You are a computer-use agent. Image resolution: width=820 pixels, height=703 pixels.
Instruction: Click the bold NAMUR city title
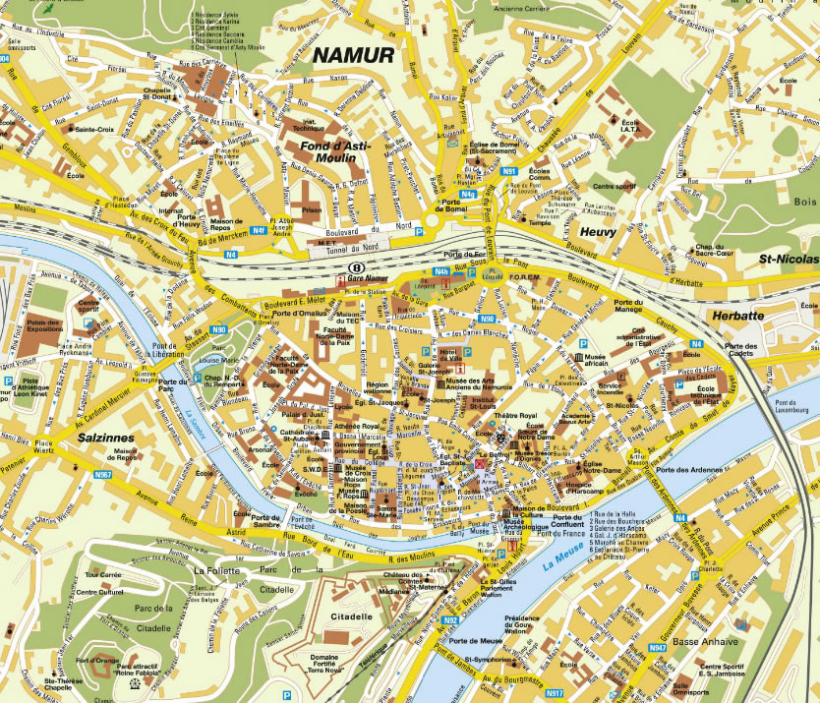(x=353, y=55)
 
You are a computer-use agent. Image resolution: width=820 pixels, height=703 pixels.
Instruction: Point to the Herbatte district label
(x=736, y=316)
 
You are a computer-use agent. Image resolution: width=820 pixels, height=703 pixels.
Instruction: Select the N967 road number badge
(x=103, y=475)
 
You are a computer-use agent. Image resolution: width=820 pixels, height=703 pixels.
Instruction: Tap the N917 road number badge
(x=555, y=692)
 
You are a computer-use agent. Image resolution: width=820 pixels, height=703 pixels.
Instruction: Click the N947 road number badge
(x=658, y=648)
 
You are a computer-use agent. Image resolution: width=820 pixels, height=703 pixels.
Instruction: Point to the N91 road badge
(x=508, y=172)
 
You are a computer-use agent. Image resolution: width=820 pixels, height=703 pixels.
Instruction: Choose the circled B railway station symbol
(x=358, y=266)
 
